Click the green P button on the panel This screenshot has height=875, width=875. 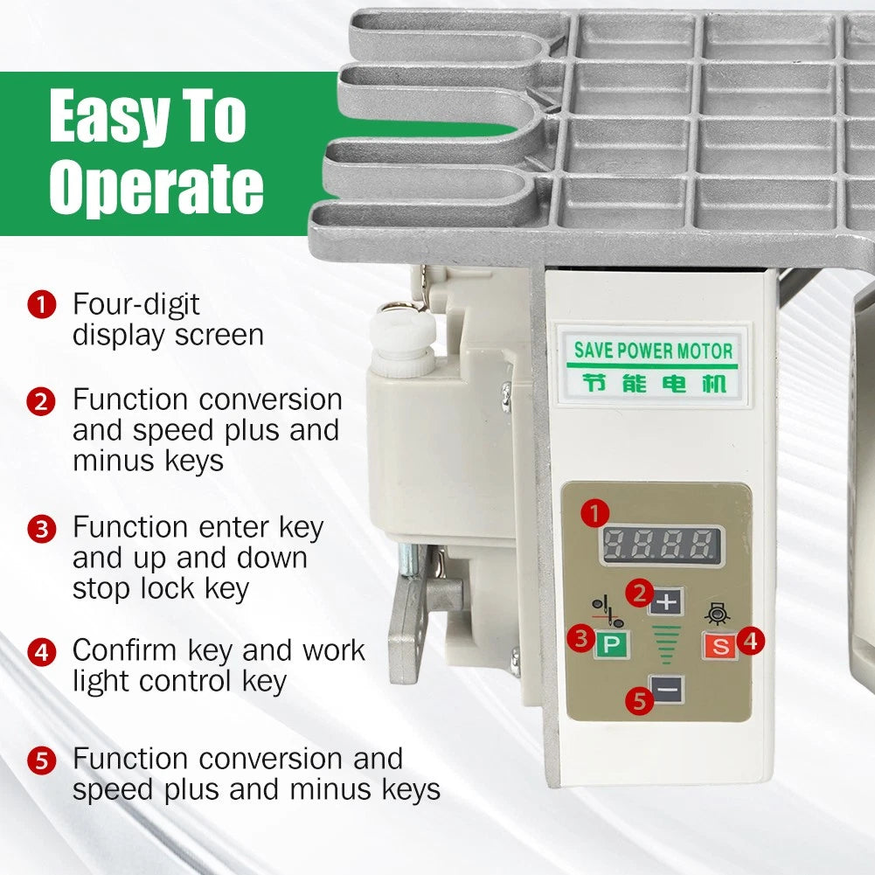[x=611, y=644]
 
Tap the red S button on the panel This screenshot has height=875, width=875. [x=720, y=646]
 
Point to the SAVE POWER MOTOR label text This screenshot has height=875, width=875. [x=653, y=351]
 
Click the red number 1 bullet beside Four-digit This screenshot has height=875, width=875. [x=42, y=305]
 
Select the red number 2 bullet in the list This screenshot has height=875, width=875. [x=41, y=402]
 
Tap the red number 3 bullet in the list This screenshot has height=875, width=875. [x=42, y=529]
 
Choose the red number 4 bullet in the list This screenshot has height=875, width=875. [x=42, y=652]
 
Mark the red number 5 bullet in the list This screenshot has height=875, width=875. [x=42, y=760]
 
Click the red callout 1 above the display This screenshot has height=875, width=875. [x=594, y=513]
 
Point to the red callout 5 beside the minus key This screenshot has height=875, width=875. [x=640, y=700]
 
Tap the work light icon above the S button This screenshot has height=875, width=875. [x=718, y=614]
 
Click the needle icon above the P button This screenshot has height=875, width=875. [x=608, y=612]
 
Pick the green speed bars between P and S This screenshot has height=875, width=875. [x=666, y=644]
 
